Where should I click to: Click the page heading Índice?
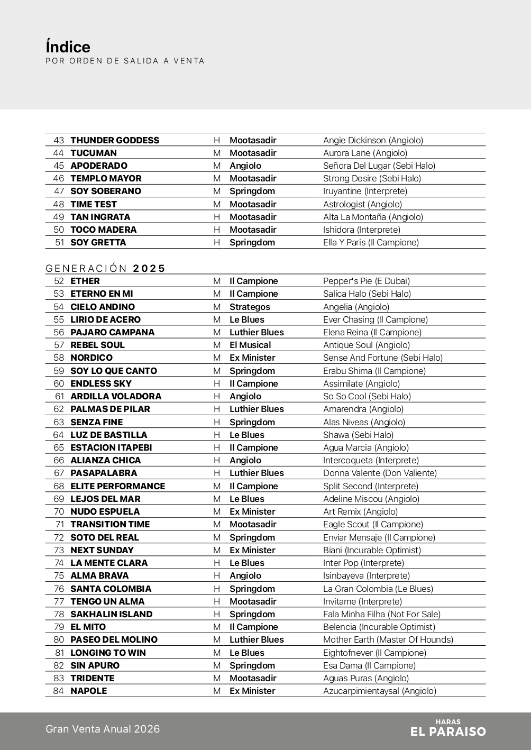(x=68, y=47)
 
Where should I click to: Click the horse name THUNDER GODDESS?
(x=115, y=140)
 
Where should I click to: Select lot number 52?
(x=59, y=281)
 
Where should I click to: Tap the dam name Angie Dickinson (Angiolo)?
(x=373, y=140)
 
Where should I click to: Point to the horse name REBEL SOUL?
(x=97, y=345)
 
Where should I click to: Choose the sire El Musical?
(x=250, y=345)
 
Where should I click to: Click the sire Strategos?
(x=250, y=307)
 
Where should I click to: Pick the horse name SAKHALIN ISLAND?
(x=111, y=614)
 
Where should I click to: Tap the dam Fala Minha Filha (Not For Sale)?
(x=381, y=614)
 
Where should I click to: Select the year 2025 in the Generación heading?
(x=149, y=268)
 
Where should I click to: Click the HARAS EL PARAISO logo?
(x=447, y=728)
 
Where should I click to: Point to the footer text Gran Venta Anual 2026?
(x=103, y=729)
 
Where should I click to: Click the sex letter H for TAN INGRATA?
(x=217, y=217)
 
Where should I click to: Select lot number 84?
(x=58, y=691)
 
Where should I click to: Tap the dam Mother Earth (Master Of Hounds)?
(x=388, y=639)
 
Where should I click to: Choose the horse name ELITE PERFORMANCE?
(x=117, y=486)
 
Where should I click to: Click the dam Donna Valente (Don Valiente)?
(x=380, y=473)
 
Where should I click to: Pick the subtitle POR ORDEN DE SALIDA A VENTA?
(x=125, y=61)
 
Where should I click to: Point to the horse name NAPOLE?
(x=88, y=691)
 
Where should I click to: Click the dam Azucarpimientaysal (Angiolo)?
(x=379, y=691)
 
